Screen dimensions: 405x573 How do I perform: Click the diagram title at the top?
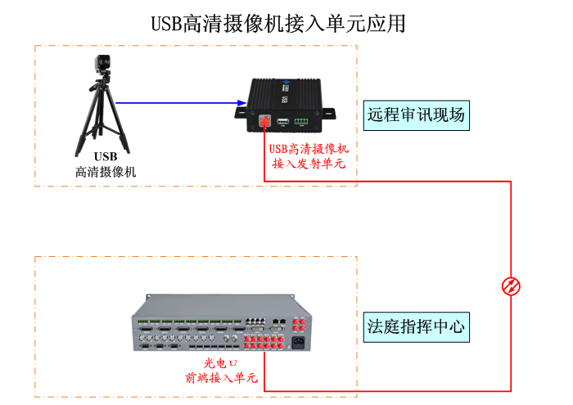coord(278,22)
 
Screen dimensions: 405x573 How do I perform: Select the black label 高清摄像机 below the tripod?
coord(106,173)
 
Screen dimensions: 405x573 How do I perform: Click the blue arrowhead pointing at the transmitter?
coord(241,103)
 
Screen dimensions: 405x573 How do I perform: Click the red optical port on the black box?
coord(264,121)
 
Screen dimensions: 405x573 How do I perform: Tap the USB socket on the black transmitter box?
coord(282,122)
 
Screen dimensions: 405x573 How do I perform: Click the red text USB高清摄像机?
coord(309,149)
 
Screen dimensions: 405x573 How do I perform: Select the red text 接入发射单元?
coord(309,164)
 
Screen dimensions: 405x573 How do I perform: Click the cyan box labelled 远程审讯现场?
coord(416,115)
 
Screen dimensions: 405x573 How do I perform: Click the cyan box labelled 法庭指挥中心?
coord(416,327)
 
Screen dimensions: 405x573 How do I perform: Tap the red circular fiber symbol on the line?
coord(511,286)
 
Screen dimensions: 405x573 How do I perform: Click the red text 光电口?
coord(221,362)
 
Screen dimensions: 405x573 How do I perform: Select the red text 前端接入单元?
coord(221,378)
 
